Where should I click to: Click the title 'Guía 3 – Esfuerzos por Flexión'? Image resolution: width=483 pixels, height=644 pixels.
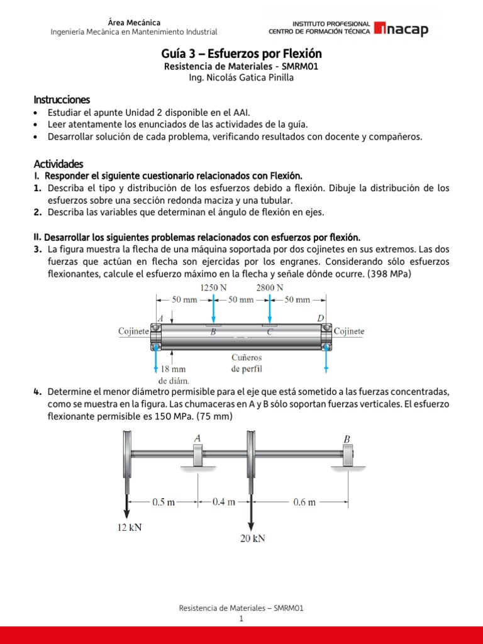241,54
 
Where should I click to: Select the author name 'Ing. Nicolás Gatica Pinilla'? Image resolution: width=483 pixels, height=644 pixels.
241,77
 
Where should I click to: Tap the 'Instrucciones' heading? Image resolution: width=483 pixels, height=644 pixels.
62,99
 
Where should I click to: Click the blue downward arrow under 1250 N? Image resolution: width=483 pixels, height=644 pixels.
215,309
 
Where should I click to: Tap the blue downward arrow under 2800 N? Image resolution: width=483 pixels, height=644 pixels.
270,309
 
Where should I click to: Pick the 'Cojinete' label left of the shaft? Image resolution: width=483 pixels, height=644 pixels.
133,331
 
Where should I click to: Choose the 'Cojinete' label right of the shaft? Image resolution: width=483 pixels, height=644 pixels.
349,331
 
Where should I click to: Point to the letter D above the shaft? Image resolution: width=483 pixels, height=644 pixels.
320,319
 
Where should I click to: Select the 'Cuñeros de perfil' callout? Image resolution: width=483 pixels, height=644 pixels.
247,363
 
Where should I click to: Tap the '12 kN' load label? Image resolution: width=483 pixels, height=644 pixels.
130,528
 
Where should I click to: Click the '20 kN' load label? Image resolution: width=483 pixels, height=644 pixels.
252,538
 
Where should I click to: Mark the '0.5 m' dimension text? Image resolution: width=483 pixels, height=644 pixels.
164,502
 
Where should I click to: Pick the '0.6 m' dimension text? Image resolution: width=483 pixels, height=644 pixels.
304,502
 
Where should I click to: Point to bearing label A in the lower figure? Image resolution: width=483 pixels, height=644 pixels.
198,438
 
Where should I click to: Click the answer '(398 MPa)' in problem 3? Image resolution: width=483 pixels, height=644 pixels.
389,274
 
